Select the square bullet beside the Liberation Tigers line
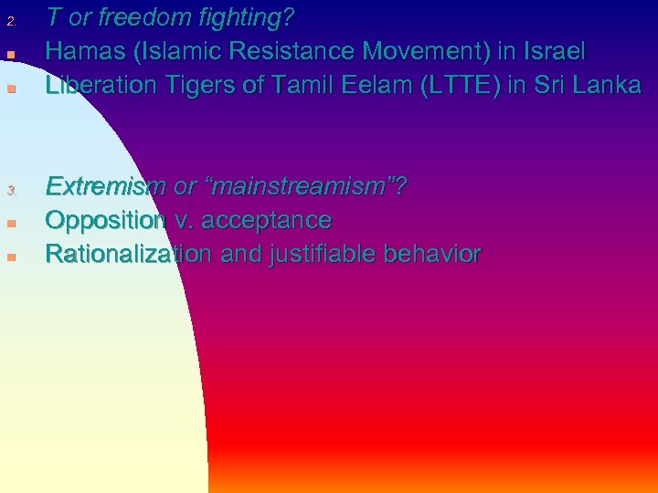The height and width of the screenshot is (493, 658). tap(12, 89)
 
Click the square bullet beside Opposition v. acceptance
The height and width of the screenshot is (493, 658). tap(12, 224)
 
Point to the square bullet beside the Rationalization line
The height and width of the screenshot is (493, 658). tap(12, 257)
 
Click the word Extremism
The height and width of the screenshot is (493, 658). tap(106, 186)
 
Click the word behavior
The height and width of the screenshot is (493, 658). tap(432, 254)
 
